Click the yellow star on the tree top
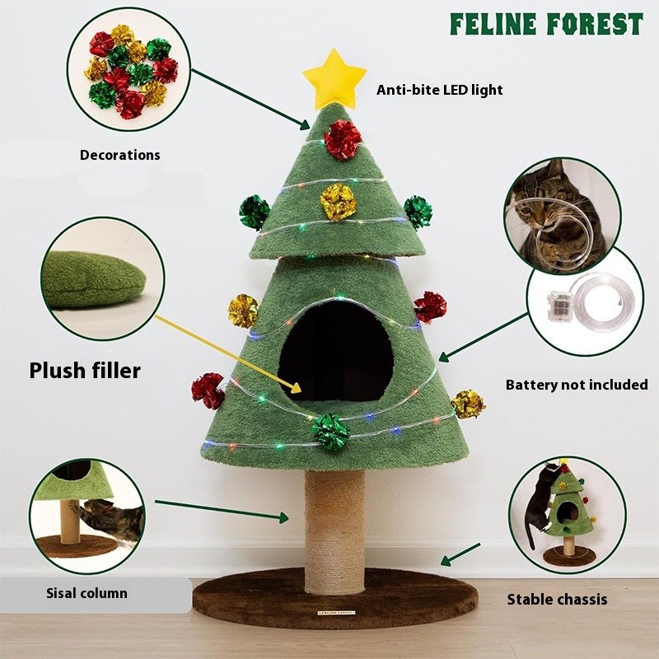tap(334, 78)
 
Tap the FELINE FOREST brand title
tap(545, 24)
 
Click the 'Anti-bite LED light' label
tap(439, 90)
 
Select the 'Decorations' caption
tap(120, 155)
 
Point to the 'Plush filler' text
tap(85, 371)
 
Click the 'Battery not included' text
tap(577, 385)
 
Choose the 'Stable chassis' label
tap(557, 599)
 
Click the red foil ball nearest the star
tap(342, 139)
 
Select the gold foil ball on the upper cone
tap(338, 201)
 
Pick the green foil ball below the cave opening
tap(331, 432)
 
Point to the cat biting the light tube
tap(556, 216)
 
